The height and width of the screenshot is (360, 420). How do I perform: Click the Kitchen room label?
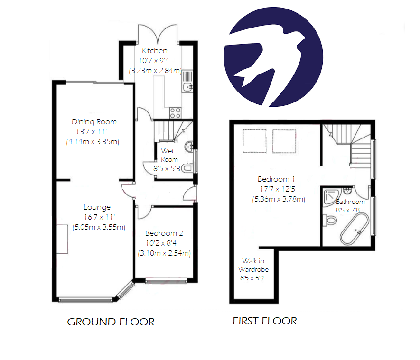pyautogui.click(x=155, y=51)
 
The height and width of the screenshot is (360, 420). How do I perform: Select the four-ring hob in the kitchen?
pyautogui.click(x=175, y=113)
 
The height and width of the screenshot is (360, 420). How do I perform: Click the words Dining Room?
pyautogui.click(x=94, y=122)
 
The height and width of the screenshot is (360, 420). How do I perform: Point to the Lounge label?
pyautogui.click(x=97, y=207)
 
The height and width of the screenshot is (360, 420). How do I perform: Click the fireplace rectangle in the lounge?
pyautogui.click(x=63, y=240)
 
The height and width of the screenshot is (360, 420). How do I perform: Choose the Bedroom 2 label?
pyautogui.click(x=164, y=233)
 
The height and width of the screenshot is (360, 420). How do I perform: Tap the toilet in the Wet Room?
pyautogui.click(x=187, y=168)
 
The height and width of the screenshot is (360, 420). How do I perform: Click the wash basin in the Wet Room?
pyautogui.click(x=188, y=146)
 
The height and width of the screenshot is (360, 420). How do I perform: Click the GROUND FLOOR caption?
pyautogui.click(x=111, y=322)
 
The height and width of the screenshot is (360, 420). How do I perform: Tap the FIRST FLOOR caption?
pyautogui.click(x=265, y=321)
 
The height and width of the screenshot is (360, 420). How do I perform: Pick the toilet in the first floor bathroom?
pyautogui.click(x=329, y=220)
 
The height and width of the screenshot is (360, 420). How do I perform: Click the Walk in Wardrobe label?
pyautogui.click(x=255, y=265)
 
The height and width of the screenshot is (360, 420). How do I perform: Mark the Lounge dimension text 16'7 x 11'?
pyautogui.click(x=99, y=217)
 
